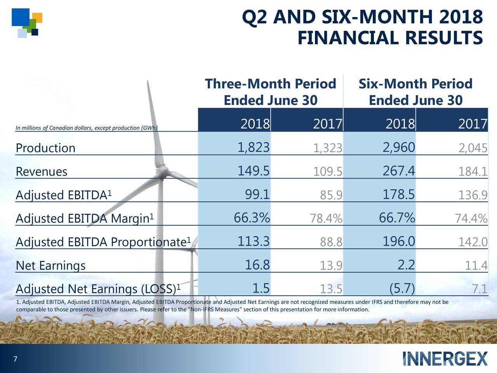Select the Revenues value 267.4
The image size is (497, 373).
click(399, 171)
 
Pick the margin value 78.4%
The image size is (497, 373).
click(326, 219)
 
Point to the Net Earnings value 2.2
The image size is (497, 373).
click(406, 265)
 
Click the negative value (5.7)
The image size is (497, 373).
click(402, 288)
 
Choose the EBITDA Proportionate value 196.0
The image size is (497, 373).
click(399, 242)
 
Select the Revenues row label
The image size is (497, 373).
click(42, 171)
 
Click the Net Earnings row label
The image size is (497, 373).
click(50, 266)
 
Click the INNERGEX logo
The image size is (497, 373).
click(445, 358)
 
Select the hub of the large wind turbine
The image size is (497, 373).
click(162, 170)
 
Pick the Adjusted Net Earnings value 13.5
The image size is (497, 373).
click(331, 289)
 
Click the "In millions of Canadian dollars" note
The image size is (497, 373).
click(86, 128)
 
